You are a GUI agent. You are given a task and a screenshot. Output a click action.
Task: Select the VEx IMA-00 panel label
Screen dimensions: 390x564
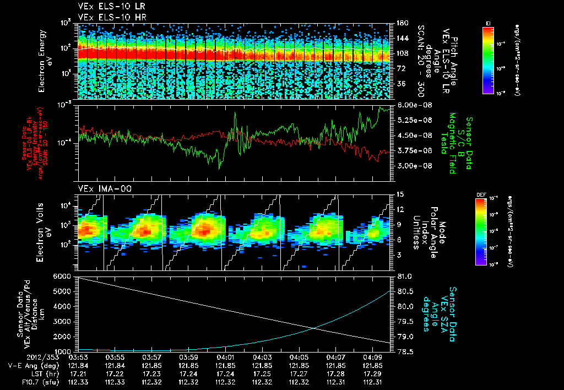[x=98, y=188]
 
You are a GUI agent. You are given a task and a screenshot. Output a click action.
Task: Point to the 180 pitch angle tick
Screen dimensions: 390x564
[x=402, y=23]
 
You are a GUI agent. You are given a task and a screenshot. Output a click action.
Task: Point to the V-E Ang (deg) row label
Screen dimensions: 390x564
[x=28, y=365]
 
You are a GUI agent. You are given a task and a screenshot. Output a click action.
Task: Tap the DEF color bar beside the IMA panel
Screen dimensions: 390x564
[x=480, y=231]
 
